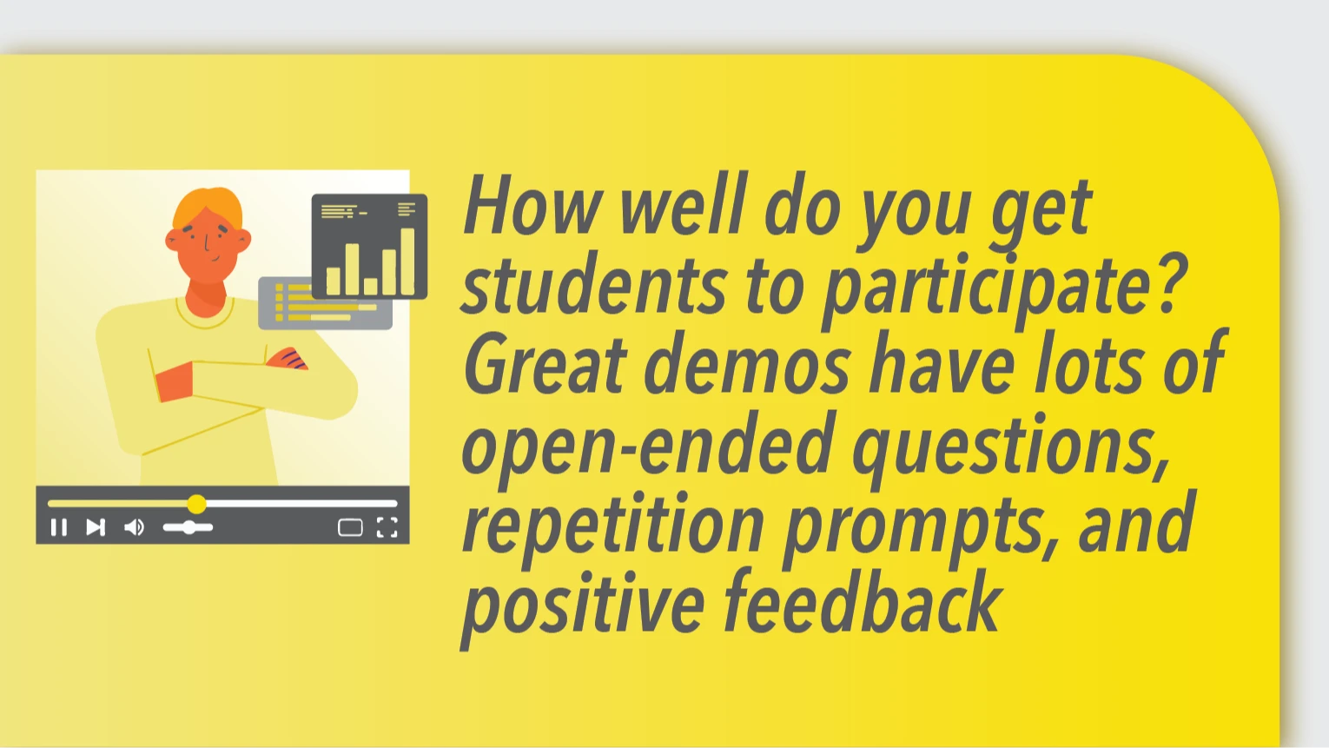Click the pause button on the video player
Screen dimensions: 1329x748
coord(59,527)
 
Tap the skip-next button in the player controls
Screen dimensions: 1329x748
coord(96,527)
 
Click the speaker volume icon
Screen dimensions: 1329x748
coord(134,527)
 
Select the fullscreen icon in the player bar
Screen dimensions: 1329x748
coord(387,527)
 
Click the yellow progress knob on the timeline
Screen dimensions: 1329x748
coord(196,504)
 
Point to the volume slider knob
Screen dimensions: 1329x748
coord(188,527)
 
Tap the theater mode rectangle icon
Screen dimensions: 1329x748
coord(350,527)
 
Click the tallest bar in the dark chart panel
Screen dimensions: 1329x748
coord(407,261)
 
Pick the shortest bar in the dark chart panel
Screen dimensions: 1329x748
coord(371,287)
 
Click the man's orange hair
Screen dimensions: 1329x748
coord(208,207)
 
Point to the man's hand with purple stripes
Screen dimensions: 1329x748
coord(288,359)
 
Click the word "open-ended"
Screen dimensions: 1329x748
coord(648,448)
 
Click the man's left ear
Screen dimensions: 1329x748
coord(243,239)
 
